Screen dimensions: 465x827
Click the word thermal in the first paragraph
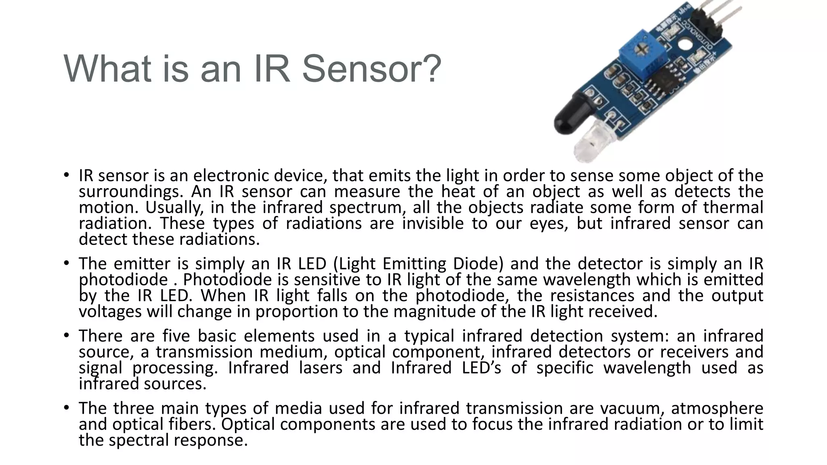[733, 207]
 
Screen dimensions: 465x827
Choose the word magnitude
[440, 312]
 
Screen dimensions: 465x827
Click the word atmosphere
[717, 408]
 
